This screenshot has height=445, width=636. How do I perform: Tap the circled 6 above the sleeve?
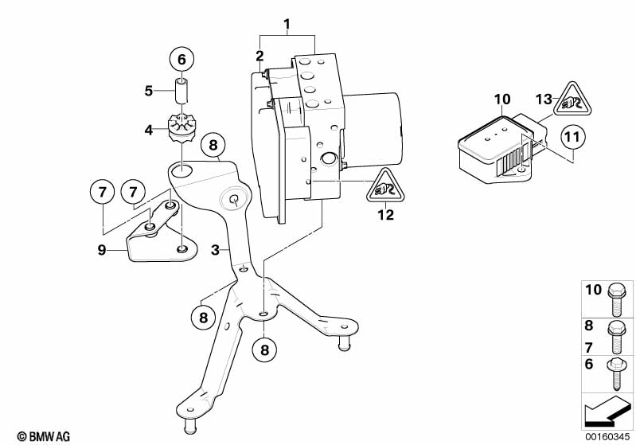click(x=181, y=59)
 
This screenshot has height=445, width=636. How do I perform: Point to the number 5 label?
click(x=148, y=90)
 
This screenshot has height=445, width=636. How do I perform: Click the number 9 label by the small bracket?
click(x=101, y=249)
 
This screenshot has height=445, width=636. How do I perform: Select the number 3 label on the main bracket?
click(x=214, y=251)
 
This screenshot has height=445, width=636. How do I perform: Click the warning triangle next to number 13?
click(x=572, y=100)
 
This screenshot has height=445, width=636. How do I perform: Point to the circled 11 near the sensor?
click(x=571, y=139)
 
